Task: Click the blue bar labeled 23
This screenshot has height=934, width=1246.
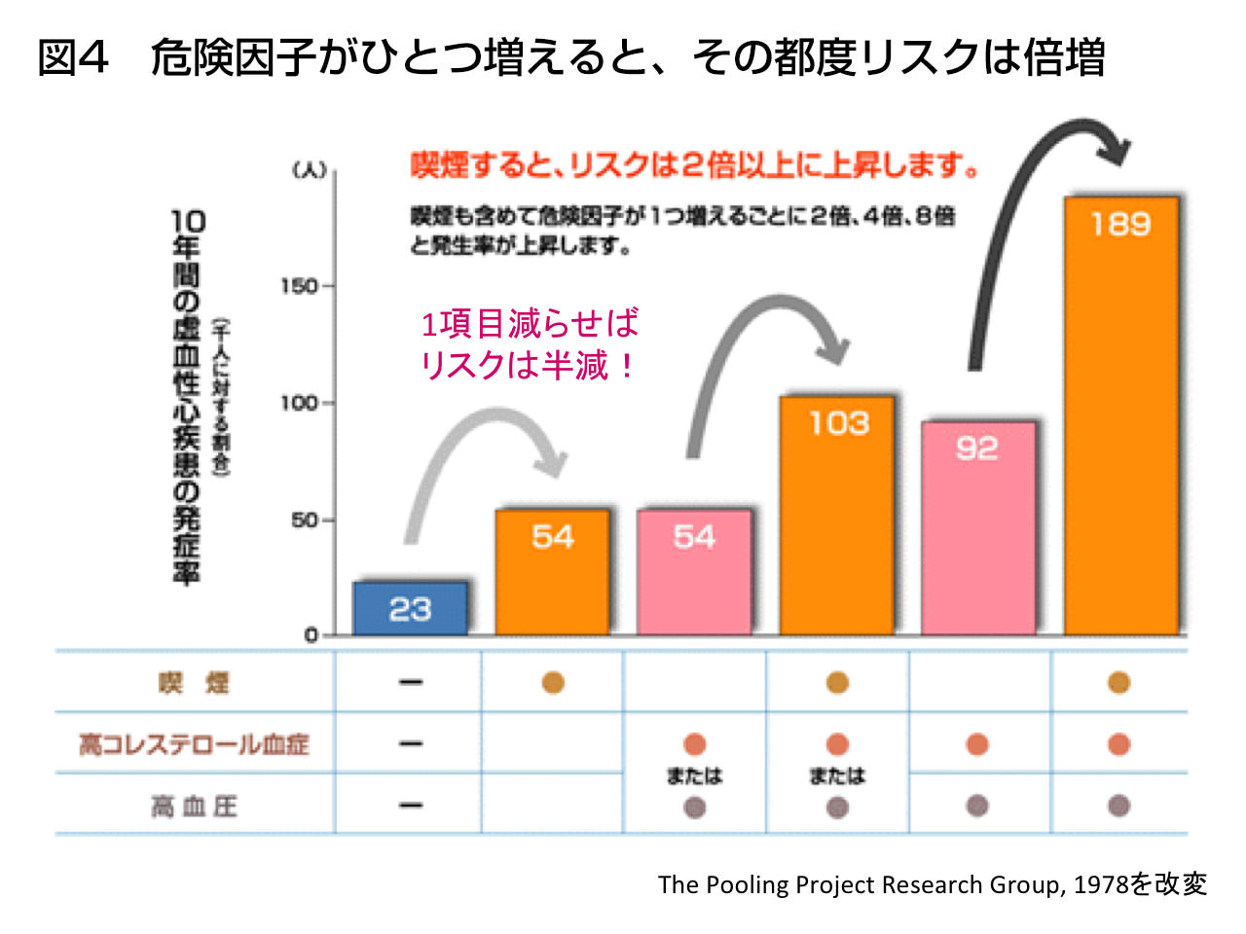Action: pyautogui.click(x=410, y=609)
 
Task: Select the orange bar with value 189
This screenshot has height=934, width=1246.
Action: pyautogui.click(x=1120, y=418)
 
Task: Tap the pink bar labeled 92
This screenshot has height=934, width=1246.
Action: pyautogui.click(x=978, y=530)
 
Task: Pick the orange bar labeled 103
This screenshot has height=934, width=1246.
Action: pyautogui.click(x=837, y=516)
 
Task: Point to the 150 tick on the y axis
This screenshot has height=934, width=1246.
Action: pyautogui.click(x=299, y=286)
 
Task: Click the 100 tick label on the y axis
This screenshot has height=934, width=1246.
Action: pyautogui.click(x=299, y=403)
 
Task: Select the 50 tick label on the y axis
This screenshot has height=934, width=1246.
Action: pyautogui.click(x=304, y=521)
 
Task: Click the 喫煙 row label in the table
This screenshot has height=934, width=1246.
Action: pyautogui.click(x=194, y=683)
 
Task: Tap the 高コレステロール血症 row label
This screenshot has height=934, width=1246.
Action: pyautogui.click(x=194, y=744)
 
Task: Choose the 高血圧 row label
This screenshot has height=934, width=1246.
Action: pyautogui.click(x=194, y=807)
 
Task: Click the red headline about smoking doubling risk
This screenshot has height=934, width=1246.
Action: pyautogui.click(x=695, y=165)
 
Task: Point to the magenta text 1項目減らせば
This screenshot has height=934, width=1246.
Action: pyautogui.click(x=530, y=323)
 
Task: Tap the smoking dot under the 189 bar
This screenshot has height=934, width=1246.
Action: pyautogui.click(x=1118, y=683)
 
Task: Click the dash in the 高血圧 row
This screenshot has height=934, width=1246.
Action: pyautogui.click(x=411, y=806)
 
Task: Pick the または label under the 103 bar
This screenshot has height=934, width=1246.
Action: pyautogui.click(x=837, y=775)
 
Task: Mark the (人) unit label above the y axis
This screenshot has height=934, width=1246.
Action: pyautogui.click(x=310, y=170)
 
